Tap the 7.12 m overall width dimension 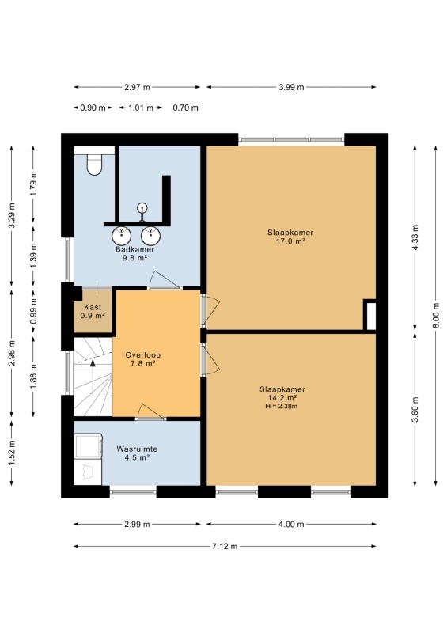point(225,546)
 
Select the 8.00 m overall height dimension point(436,315)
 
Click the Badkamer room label point(134,249)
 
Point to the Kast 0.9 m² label point(93,311)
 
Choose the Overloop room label point(143,354)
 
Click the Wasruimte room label point(137,449)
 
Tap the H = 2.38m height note point(282,406)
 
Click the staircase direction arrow point(93,378)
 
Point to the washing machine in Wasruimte point(88,446)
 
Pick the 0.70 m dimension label point(185,108)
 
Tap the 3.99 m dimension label point(291,87)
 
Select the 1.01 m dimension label point(141,108)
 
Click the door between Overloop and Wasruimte point(150,412)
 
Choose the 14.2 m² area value point(282,398)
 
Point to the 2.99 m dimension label point(137,525)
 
